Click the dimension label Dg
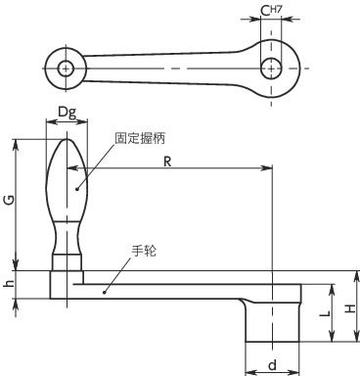click(x=67, y=113)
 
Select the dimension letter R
click(x=167, y=162)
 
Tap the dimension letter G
click(x=10, y=200)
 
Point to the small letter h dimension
click(x=10, y=284)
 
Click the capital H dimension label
click(x=350, y=308)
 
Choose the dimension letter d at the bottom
click(x=272, y=365)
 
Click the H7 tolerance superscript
click(x=276, y=10)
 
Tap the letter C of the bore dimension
click(x=265, y=12)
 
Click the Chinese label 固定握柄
click(x=140, y=138)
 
